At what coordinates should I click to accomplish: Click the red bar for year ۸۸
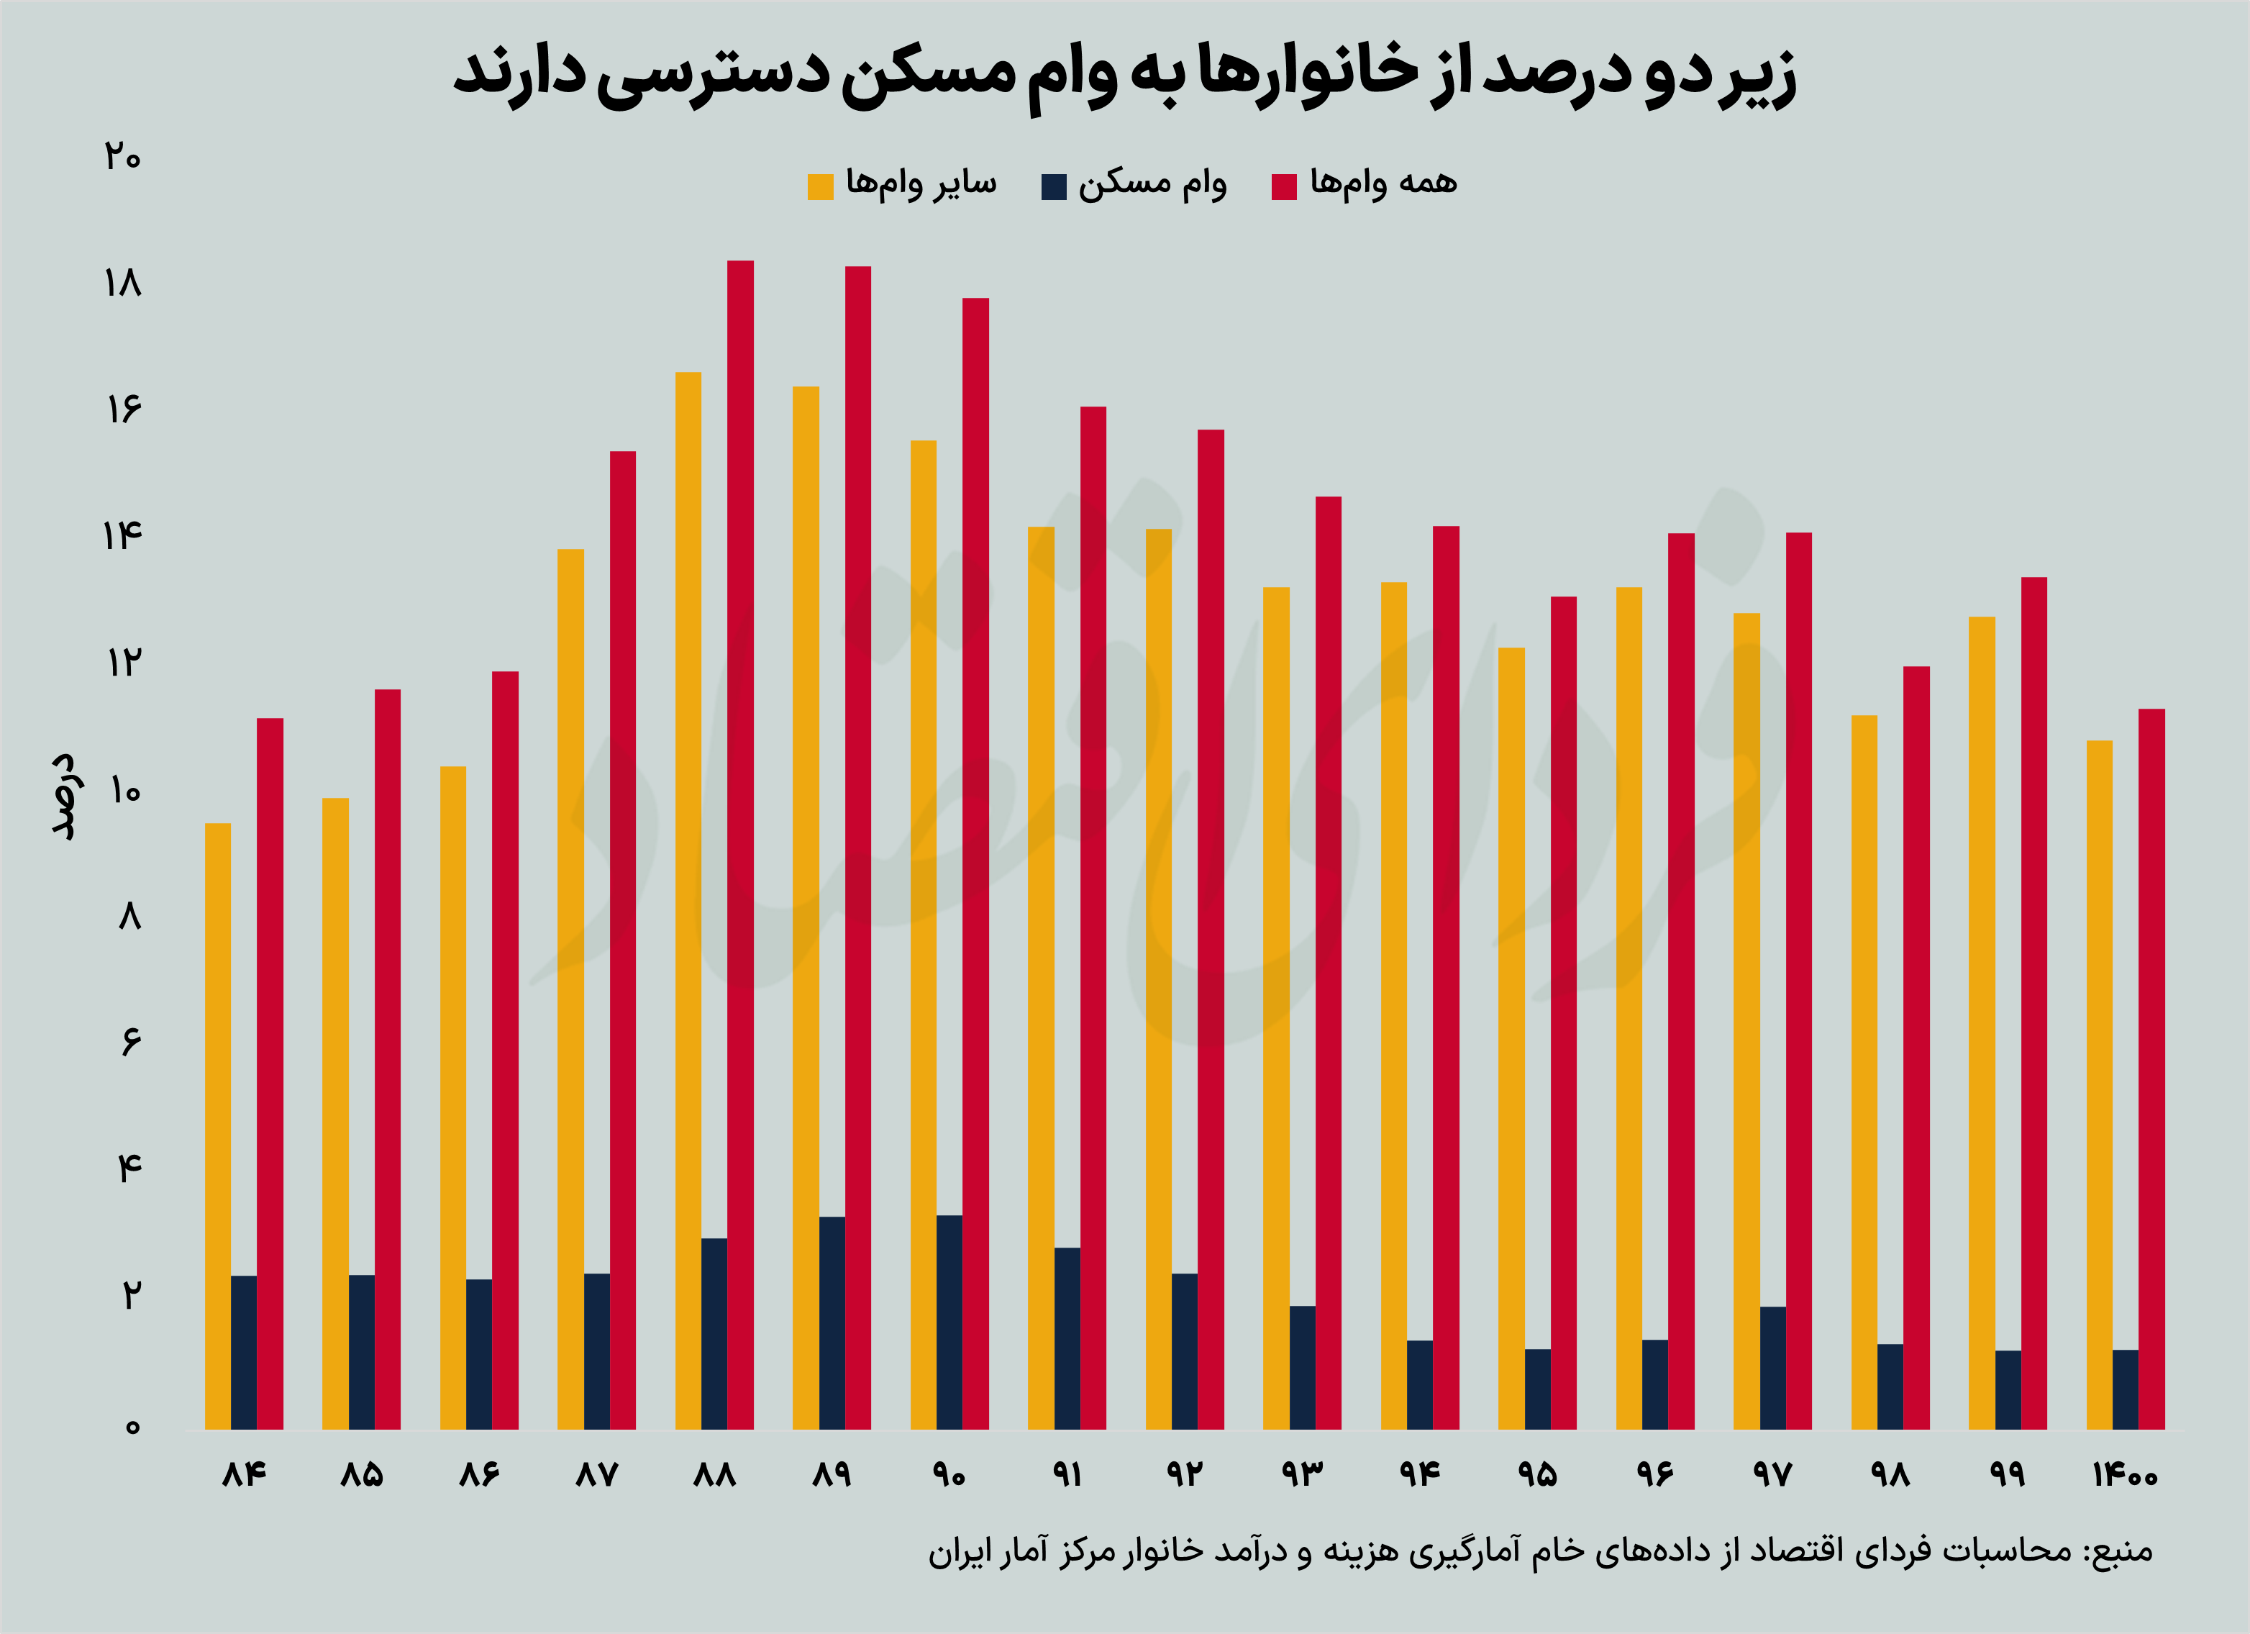pyautogui.click(x=740, y=843)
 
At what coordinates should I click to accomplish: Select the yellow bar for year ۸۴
pyautogui.click(x=217, y=1126)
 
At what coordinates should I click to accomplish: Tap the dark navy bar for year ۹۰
pyautogui.click(x=949, y=1322)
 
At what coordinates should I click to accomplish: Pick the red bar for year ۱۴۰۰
pyautogui.click(x=2151, y=1068)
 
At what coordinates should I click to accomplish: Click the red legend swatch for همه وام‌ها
pyautogui.click(x=1284, y=186)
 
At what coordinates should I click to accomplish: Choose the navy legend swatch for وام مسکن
pyautogui.click(x=1054, y=186)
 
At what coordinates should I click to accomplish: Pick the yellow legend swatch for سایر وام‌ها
pyautogui.click(x=821, y=186)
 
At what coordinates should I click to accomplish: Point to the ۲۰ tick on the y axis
pyautogui.click(x=123, y=157)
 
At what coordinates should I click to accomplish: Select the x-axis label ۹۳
pyautogui.click(x=1301, y=1474)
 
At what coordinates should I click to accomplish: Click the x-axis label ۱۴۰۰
pyautogui.click(x=2124, y=1474)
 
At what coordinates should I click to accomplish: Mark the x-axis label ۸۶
pyautogui.click(x=478, y=1474)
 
